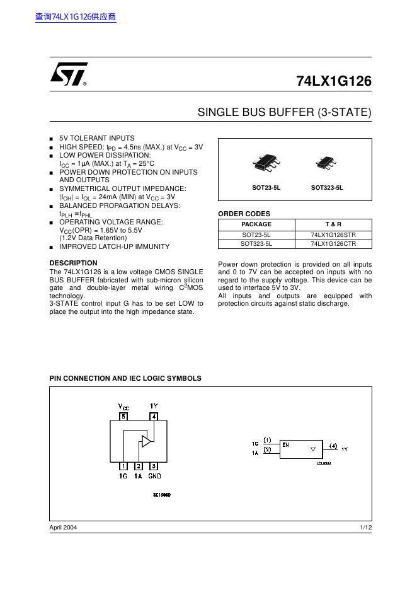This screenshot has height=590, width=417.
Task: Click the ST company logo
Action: (68, 75)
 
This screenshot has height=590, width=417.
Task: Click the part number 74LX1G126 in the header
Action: (334, 81)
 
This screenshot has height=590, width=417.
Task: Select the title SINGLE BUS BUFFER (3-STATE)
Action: (285, 113)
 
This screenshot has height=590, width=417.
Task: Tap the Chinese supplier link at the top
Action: (76, 17)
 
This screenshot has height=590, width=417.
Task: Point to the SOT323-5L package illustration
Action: (327, 163)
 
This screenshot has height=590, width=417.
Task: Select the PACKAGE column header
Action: (256, 224)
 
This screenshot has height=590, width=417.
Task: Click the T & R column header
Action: (333, 224)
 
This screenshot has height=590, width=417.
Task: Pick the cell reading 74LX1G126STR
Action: (333, 234)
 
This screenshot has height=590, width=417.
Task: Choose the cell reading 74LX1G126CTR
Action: (333, 243)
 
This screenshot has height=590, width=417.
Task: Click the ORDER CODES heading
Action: (244, 214)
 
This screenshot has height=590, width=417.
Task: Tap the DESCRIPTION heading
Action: (73, 263)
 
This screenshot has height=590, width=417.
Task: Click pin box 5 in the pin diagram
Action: (123, 416)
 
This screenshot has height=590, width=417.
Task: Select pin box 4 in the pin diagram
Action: (154, 416)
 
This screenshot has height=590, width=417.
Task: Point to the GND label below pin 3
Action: (154, 477)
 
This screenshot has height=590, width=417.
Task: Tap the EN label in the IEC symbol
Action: (285, 444)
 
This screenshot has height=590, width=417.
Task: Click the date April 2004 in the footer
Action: (63, 527)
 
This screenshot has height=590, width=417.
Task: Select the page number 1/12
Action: (365, 527)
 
